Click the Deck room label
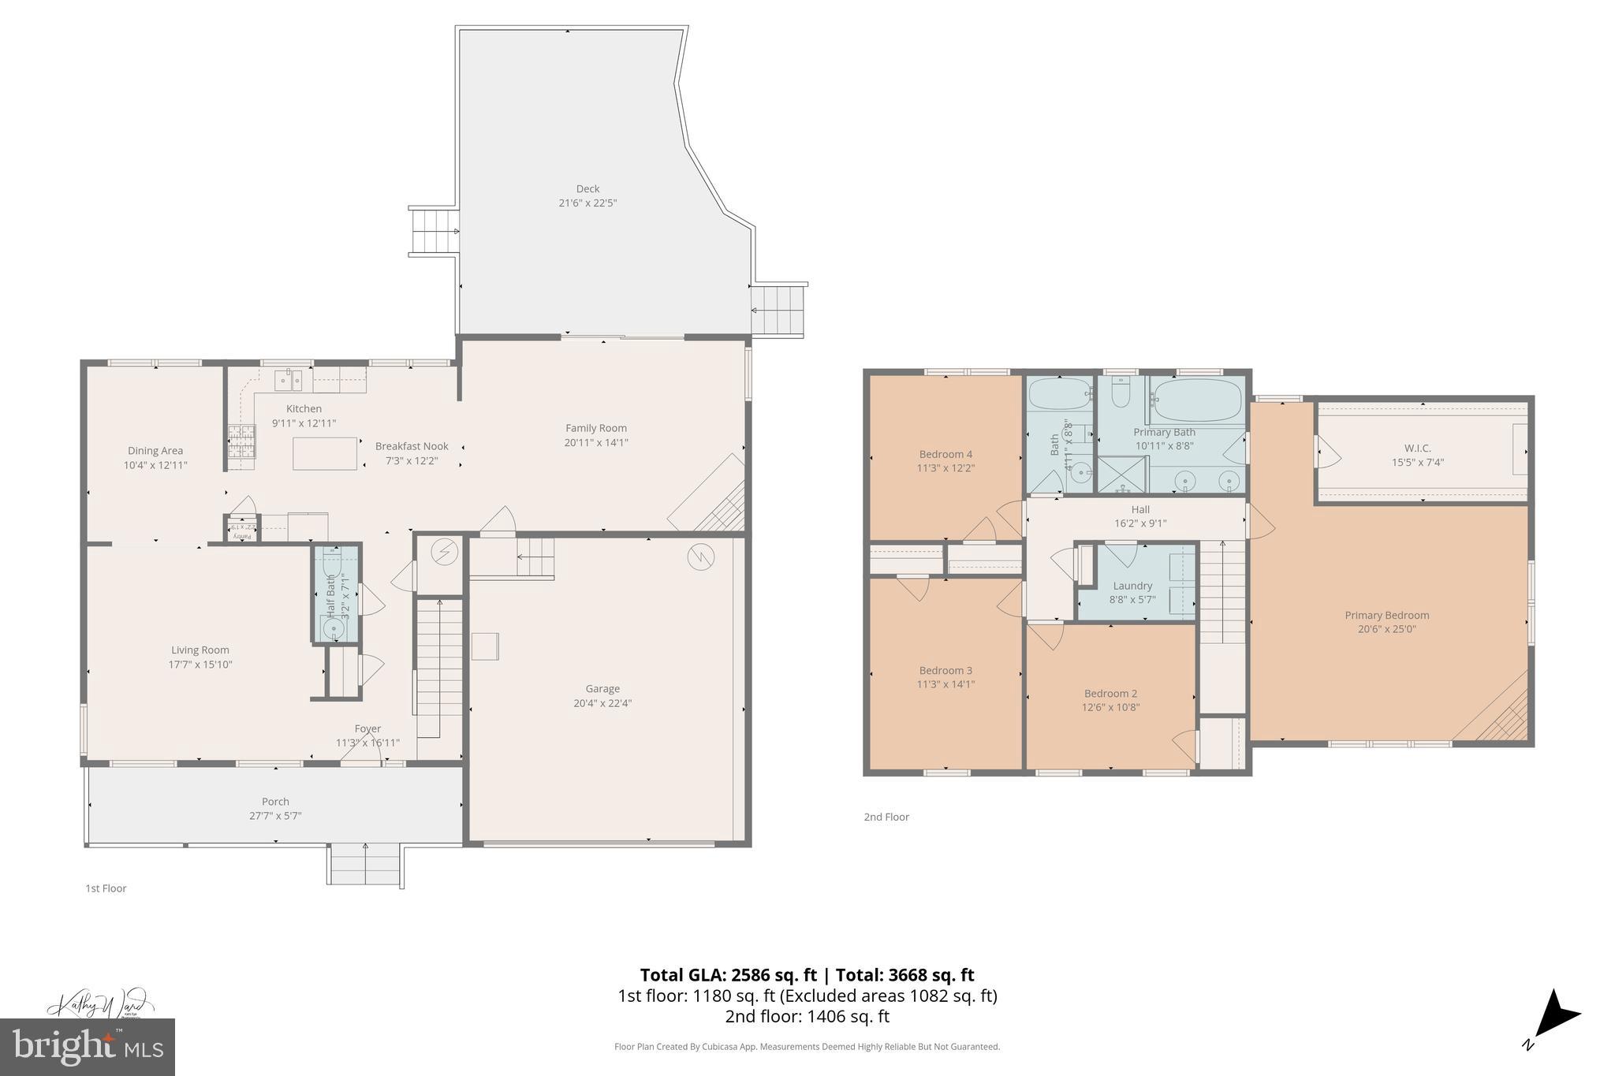[x=587, y=188]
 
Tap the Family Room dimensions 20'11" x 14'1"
[x=595, y=443]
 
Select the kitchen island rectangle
[x=325, y=453]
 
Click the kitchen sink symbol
[x=288, y=381]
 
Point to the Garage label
[x=602, y=689]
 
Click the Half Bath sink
[x=334, y=628]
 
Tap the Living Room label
[x=200, y=650]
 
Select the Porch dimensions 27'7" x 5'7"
[x=275, y=816]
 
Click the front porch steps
[x=365, y=865]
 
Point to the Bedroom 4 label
[x=946, y=454]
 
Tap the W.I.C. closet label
[x=1417, y=449]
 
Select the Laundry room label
[x=1132, y=586]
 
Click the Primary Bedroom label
[x=1386, y=616]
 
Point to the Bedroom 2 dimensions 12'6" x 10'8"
[x=1110, y=708]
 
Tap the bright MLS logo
[x=88, y=1047]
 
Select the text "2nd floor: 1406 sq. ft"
[x=807, y=1017]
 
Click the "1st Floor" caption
[x=106, y=888]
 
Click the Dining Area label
[x=155, y=451]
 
